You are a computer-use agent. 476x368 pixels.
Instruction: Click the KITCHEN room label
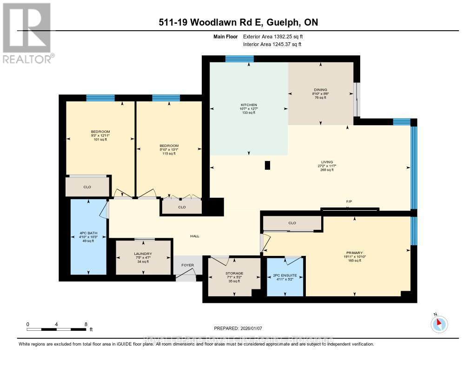point(248,105)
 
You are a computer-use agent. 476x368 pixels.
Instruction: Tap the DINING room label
point(320,90)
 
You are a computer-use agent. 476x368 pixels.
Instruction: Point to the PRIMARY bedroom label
point(354,253)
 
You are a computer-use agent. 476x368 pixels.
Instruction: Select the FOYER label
point(187,265)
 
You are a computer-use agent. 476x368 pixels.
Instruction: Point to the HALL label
point(195,236)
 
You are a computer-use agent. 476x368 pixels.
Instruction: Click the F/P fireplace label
point(349,201)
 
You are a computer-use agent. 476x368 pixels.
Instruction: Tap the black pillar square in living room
point(267,165)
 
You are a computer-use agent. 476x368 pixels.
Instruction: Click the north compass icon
point(439,324)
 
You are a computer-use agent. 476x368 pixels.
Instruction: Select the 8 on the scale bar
point(86,324)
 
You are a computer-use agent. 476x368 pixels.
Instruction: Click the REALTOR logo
point(27,32)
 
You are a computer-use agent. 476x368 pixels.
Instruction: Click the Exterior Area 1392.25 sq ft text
point(274,36)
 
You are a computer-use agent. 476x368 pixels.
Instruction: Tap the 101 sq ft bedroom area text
point(100,139)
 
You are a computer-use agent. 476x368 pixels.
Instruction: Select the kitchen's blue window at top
point(239,59)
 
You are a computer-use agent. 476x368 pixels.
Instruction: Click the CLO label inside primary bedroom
point(292,223)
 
